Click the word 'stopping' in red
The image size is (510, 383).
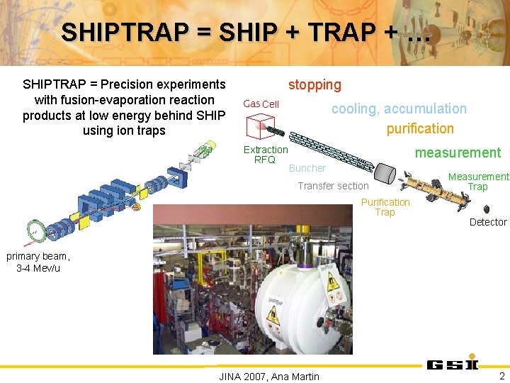[x=314, y=85]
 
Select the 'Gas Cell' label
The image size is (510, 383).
[x=261, y=104]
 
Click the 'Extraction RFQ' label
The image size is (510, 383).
[x=266, y=155]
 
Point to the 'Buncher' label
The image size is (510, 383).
[x=307, y=169]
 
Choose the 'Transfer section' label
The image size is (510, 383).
[x=333, y=187]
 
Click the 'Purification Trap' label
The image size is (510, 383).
[x=385, y=207]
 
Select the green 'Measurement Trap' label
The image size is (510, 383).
[x=478, y=182]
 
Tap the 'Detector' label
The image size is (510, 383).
[x=488, y=222]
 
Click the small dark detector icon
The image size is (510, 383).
[x=487, y=209]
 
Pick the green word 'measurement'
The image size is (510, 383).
[x=458, y=152]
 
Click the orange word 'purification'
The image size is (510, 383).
[x=420, y=128]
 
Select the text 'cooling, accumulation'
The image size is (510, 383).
[x=399, y=109]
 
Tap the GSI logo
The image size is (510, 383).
[x=453, y=365]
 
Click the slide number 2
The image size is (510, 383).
[x=501, y=375]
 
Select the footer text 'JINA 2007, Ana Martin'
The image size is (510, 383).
[x=270, y=377]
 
